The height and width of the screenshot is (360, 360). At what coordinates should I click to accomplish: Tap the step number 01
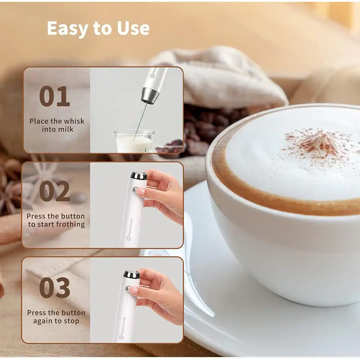54,96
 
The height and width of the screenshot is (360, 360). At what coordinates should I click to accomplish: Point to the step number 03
54,288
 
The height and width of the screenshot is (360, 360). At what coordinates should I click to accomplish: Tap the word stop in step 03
71,321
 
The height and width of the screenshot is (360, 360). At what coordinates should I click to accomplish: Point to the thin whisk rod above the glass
141,119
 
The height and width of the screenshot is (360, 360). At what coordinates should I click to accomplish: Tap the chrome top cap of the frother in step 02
139,176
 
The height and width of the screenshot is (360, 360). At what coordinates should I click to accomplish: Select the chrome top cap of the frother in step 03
132,275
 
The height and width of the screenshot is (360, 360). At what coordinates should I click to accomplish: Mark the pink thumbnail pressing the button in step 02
140,191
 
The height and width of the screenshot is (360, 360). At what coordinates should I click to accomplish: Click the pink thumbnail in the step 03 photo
133,290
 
